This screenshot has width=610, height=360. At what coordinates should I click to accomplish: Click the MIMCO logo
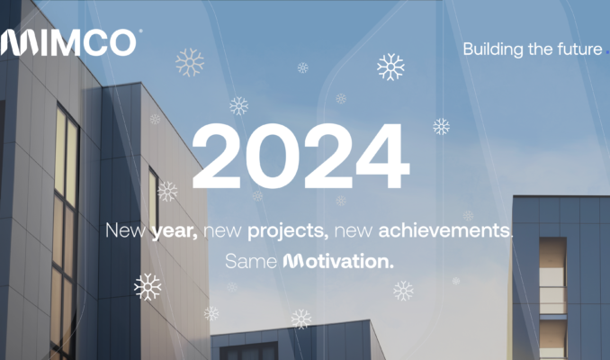(70, 41)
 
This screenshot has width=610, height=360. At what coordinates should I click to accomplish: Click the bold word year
(175, 230)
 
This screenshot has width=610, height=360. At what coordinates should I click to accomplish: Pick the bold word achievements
(444, 230)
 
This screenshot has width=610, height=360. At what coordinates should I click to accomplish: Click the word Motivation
(338, 262)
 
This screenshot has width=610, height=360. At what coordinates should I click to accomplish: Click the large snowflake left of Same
(148, 286)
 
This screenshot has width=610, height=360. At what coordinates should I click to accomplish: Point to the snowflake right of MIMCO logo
(190, 61)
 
